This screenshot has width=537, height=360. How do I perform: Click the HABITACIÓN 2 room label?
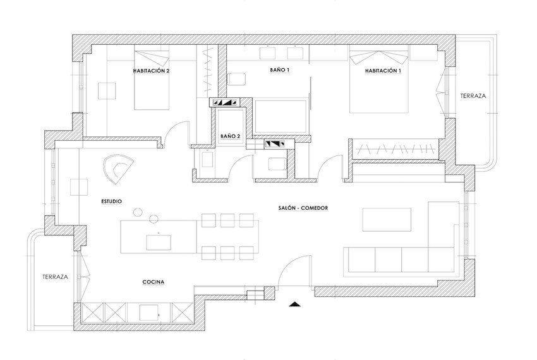[x=152, y=71]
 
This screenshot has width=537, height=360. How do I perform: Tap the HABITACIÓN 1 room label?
[x=383, y=71]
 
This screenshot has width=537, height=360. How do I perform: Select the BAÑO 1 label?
[x=280, y=70]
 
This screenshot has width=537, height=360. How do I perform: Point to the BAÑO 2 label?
[x=230, y=136]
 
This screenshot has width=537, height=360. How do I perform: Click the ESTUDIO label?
[x=112, y=201]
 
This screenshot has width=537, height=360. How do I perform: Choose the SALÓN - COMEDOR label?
[x=303, y=208]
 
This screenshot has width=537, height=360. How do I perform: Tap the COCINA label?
[x=154, y=282]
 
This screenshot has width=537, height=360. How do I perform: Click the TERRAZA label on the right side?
[x=473, y=96]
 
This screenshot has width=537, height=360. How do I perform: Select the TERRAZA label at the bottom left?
[x=55, y=277]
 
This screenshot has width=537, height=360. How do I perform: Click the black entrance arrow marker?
[x=294, y=304]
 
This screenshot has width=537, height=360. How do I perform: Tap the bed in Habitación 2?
[x=152, y=80]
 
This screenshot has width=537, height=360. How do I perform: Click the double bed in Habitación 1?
[x=379, y=82]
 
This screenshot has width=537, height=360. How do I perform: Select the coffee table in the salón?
[x=387, y=220]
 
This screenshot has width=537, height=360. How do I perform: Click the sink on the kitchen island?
[x=159, y=242]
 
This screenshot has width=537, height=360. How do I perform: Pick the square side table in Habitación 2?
[x=107, y=91]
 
